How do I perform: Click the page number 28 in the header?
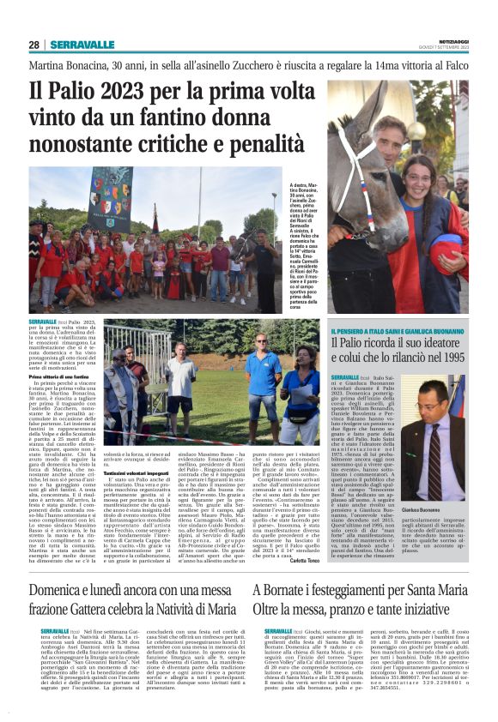(33, 45)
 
